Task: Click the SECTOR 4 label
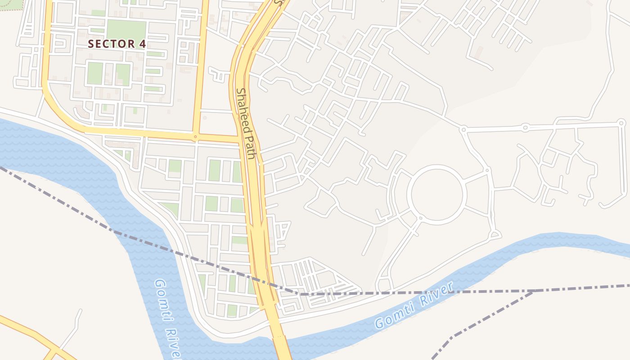[x=117, y=44]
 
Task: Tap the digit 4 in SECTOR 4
[x=143, y=44]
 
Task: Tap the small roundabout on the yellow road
[x=195, y=136]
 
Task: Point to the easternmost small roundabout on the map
[x=621, y=122]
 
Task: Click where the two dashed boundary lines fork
[x=534, y=291]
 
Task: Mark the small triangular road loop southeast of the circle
[x=495, y=234]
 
